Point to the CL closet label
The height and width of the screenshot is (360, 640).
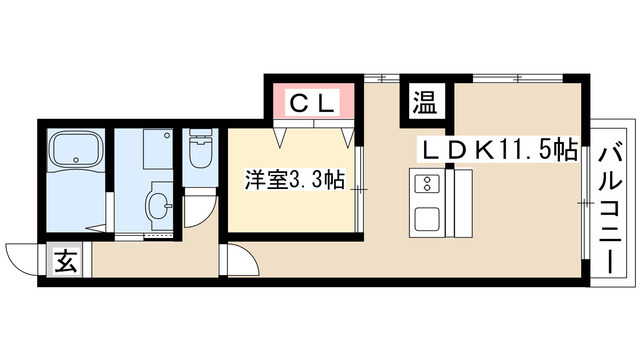coord(312,101)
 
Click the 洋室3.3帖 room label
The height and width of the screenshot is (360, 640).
coord(296,181)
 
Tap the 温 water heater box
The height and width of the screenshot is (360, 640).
coord(425,102)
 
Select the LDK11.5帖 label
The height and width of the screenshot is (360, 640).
coord(497,151)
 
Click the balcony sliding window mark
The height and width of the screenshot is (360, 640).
coord(584,200)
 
